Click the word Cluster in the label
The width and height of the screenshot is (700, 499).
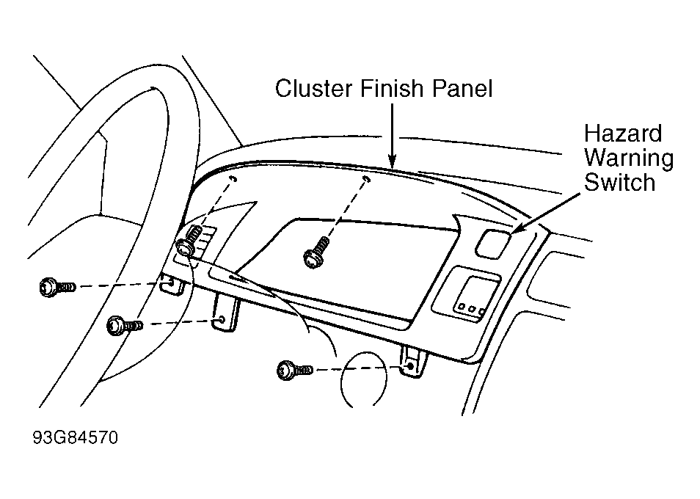pyautogui.click(x=313, y=88)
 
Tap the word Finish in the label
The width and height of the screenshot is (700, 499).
pyautogui.click(x=392, y=88)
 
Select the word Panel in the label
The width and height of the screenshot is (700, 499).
pyautogui.click(x=462, y=88)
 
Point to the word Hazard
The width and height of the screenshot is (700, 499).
pyautogui.click(x=623, y=134)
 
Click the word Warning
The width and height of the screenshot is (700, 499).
pyautogui.click(x=629, y=159)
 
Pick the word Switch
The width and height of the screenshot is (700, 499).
pyautogui.click(x=619, y=182)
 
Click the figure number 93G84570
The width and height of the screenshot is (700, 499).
pyautogui.click(x=76, y=437)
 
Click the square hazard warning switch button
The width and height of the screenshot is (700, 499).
pyautogui.click(x=493, y=243)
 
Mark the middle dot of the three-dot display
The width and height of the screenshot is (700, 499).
pyautogui.click(x=471, y=308)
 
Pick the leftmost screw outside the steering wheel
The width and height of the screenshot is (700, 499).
pyautogui.click(x=57, y=286)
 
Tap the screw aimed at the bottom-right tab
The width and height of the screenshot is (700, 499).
pyautogui.click(x=295, y=370)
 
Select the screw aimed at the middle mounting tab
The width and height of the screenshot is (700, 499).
pyautogui.click(x=125, y=325)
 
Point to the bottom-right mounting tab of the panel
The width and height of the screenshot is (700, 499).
pyautogui.click(x=412, y=363)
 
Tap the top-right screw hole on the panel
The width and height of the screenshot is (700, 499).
pyautogui.click(x=366, y=180)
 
